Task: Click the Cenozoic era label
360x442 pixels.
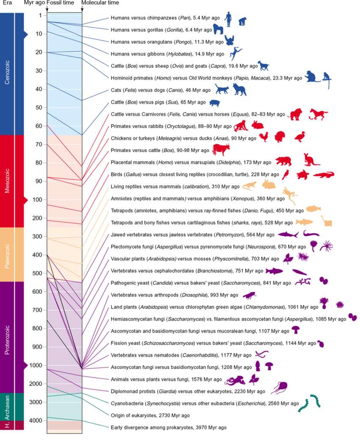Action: [7, 74]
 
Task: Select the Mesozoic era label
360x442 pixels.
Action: [7, 181]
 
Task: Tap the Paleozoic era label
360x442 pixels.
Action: [7, 254]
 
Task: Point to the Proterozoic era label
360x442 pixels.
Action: [7, 337]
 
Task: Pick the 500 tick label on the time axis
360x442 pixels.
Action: [37, 273]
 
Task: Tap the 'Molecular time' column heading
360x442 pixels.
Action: [100, 3]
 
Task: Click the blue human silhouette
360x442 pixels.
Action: [228, 19]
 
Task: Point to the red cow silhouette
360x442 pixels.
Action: [220, 149]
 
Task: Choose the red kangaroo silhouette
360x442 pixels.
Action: [309, 160]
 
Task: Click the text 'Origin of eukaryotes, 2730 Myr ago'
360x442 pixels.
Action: [150, 415]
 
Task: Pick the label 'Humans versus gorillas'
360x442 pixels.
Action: [137, 30]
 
